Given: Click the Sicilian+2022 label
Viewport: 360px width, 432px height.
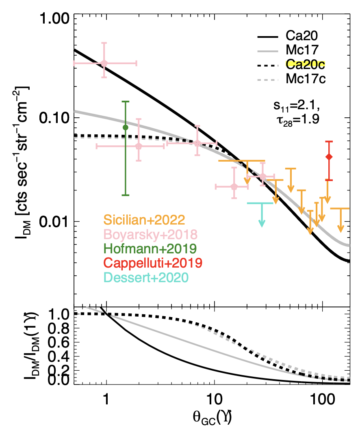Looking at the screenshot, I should (x=142, y=220).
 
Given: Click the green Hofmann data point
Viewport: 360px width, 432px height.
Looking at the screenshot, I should (x=126, y=127).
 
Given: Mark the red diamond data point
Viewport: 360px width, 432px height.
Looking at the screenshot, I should (x=329, y=157).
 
